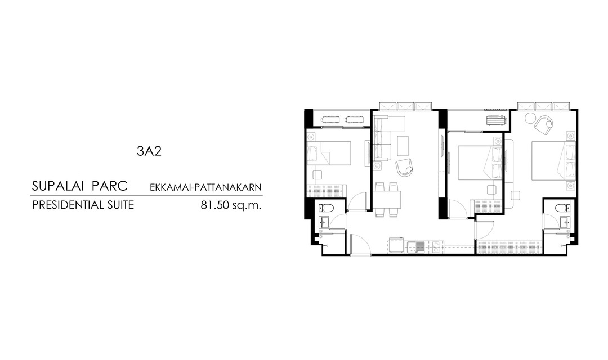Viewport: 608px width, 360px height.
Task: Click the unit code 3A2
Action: (149, 151)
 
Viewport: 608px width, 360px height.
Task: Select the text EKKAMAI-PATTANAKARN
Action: (205, 187)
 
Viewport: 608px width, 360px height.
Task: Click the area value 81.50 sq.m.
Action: (231, 205)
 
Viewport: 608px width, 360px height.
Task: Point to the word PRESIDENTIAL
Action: (66, 205)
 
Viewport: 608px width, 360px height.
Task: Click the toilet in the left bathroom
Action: (325, 208)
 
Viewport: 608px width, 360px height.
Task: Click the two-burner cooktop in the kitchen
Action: (436, 247)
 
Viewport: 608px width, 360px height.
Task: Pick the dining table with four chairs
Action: (388, 199)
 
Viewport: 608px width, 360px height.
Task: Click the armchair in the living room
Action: (404, 167)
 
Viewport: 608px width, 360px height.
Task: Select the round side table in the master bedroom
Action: (530, 117)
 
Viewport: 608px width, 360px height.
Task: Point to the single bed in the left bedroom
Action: (329, 154)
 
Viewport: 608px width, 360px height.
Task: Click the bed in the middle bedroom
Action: (480, 163)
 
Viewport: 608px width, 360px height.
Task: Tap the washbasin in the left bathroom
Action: (325, 222)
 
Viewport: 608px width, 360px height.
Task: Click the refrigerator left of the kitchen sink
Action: (397, 245)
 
